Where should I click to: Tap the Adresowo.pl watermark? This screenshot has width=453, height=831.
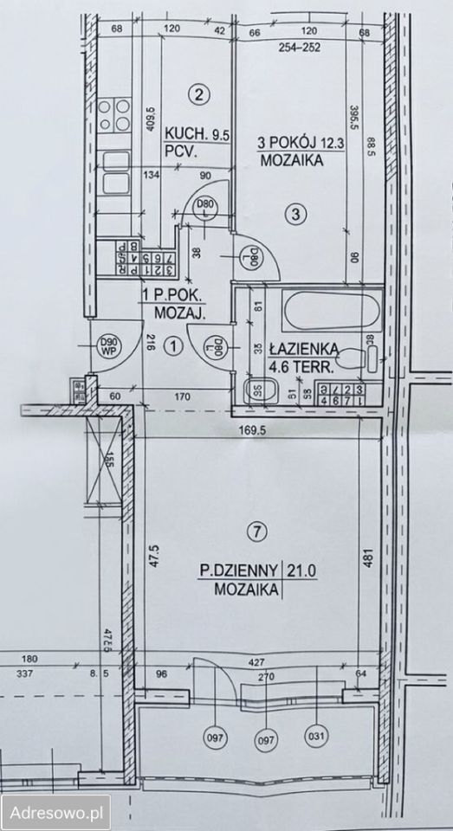point(55,813)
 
